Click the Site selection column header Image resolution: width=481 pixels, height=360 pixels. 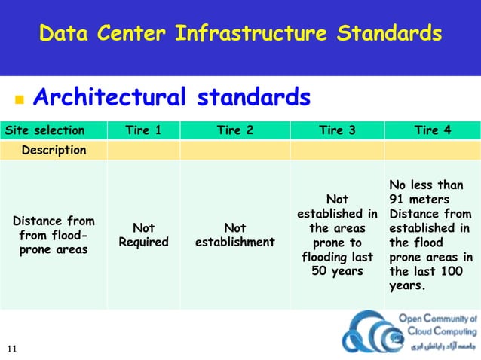point(45,130)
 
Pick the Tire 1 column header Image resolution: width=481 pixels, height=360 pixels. point(143,130)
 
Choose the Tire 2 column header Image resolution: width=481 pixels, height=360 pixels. point(234,130)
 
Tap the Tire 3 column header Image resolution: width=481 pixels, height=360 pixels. point(337,130)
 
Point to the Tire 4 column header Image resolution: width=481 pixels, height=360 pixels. point(433,130)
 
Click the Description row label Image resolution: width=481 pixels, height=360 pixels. point(54,150)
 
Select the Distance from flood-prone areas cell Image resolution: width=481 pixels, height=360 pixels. point(54,235)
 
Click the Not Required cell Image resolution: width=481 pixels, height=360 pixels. point(143,235)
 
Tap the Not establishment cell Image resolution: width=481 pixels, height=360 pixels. point(234,235)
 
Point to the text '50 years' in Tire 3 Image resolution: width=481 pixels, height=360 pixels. point(337,271)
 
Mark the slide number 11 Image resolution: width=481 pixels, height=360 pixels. point(12,348)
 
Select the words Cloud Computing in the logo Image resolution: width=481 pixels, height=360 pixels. point(438,331)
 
